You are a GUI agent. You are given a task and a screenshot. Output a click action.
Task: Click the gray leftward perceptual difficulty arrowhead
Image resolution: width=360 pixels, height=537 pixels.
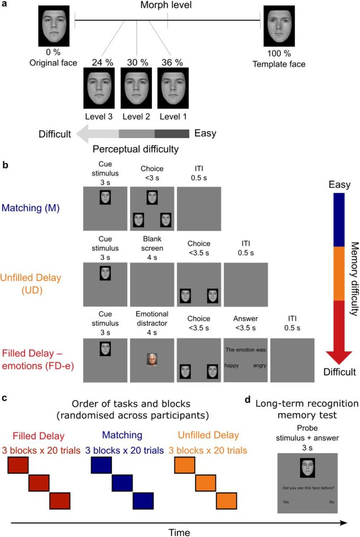click(85, 133)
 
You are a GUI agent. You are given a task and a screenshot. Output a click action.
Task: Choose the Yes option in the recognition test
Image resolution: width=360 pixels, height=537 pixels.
click(286, 502)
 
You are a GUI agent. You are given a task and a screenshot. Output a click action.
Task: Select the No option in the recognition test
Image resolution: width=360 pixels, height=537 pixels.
click(331, 502)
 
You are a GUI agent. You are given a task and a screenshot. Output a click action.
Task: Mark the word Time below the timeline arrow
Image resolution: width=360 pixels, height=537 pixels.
click(179, 532)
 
